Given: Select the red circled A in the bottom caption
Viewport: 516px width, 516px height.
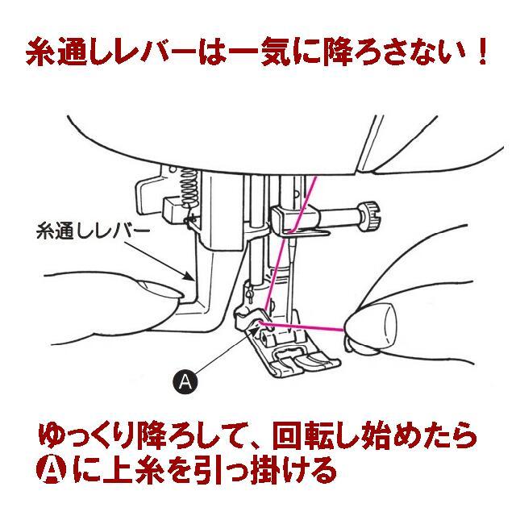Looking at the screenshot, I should pos(53,468).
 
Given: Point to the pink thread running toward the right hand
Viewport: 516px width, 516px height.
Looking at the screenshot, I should pos(306,325).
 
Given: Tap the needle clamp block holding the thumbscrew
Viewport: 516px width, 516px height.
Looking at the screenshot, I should pos(291,217).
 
